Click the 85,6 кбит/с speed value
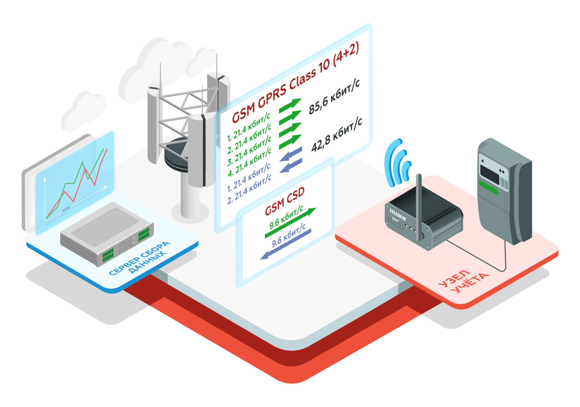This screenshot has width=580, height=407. point(334,96)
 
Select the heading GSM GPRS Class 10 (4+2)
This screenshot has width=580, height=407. point(295,82)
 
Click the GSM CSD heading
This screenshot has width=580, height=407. point(285,202)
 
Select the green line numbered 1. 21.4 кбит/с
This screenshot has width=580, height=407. point(248,127)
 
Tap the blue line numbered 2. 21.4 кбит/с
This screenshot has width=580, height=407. point(249,190)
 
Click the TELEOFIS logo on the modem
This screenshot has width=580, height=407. point(397,214)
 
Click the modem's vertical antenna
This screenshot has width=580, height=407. point(419,203)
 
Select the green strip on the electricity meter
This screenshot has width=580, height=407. point(488,187)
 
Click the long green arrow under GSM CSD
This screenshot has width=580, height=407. point(290,224)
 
